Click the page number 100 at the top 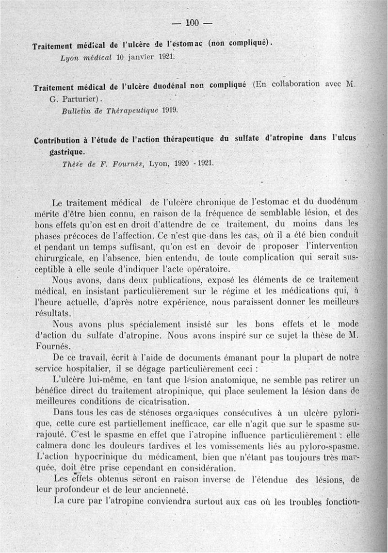coord(192,22)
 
